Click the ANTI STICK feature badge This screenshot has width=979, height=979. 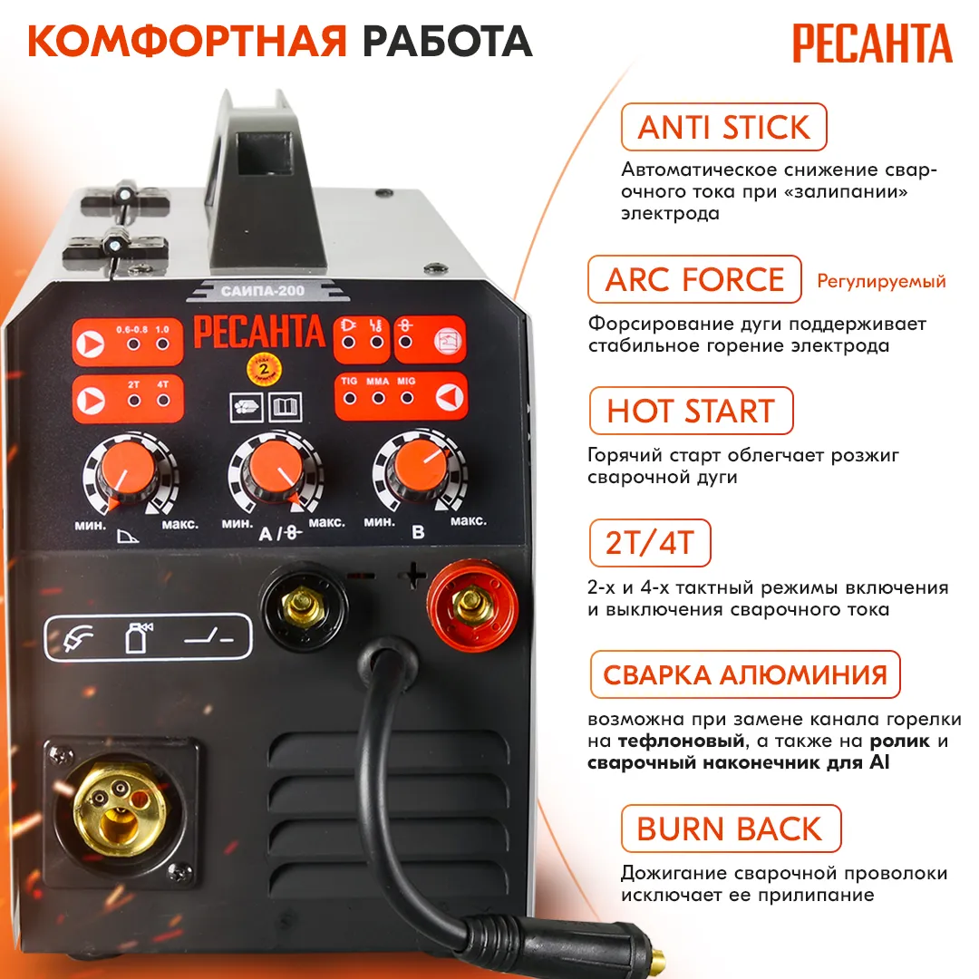[723, 127]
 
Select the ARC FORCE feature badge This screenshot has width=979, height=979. [694, 279]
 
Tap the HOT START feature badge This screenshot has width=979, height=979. [691, 411]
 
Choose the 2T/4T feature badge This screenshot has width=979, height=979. [650, 543]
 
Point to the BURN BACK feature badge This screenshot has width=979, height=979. [732, 829]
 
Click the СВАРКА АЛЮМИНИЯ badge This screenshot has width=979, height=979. [745, 674]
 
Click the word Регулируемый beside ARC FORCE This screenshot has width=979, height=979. [881, 282]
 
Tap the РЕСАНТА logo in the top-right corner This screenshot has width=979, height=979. [872, 44]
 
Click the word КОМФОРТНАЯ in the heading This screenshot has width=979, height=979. [187, 41]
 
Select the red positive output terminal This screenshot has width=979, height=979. [472, 605]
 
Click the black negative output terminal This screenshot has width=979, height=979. [304, 605]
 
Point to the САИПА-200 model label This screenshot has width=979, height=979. [263, 291]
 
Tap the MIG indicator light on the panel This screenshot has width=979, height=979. [407, 398]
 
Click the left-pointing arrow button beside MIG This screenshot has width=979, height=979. [450, 396]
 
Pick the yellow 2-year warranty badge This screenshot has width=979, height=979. [264, 369]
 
